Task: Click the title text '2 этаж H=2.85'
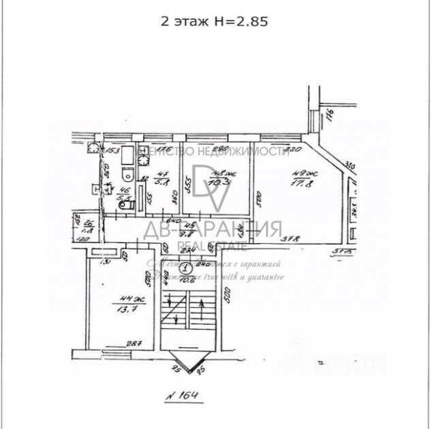(x=214, y=21)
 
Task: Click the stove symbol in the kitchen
(x=143, y=159)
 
